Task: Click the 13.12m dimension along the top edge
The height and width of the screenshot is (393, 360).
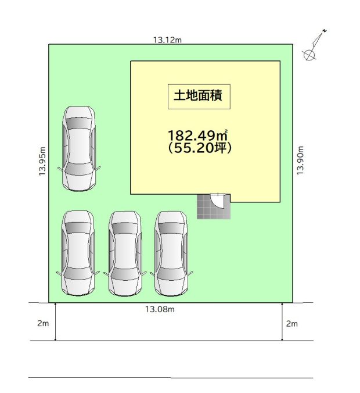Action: [x=167, y=40]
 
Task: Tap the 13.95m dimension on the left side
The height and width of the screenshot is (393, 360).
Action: [x=42, y=161]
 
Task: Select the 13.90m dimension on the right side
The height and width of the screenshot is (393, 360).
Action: [x=300, y=160]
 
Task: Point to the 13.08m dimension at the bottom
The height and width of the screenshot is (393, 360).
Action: [x=160, y=309]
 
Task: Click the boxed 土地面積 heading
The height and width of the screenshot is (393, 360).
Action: [x=199, y=97]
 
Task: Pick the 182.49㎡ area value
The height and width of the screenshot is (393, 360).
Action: [x=198, y=135]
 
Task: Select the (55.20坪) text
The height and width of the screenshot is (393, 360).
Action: [x=200, y=148]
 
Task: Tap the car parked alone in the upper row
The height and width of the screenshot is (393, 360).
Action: [x=79, y=149]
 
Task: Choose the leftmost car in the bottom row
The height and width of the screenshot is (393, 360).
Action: [x=78, y=253]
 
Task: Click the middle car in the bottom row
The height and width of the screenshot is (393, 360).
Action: [x=125, y=253]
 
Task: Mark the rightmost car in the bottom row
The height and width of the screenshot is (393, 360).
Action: [x=171, y=253]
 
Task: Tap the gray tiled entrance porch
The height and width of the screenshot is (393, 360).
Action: [x=213, y=206]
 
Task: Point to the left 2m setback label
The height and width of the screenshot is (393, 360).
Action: [x=43, y=323]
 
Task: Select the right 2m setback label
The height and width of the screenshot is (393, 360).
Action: [x=292, y=324]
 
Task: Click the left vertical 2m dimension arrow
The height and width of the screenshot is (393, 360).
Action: [x=55, y=321]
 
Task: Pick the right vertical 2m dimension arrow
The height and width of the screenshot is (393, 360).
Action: [x=282, y=321]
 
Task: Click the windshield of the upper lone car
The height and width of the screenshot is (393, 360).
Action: [x=79, y=169]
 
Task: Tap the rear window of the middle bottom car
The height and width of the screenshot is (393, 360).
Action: [x=125, y=228]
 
